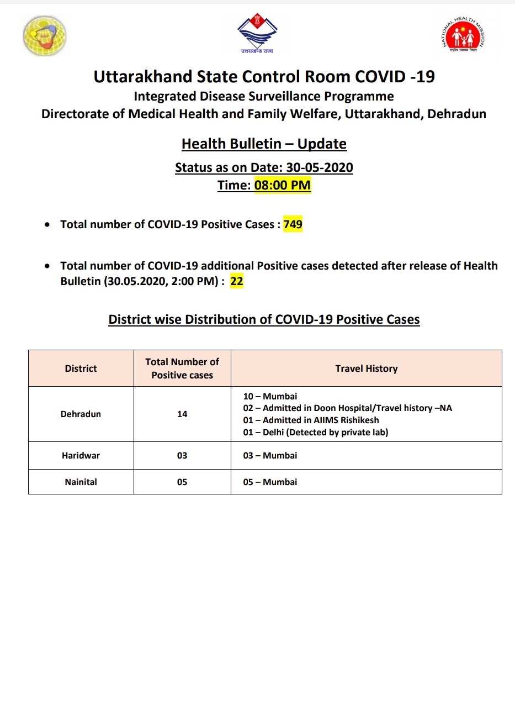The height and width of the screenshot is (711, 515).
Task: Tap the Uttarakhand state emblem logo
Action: (x=257, y=33)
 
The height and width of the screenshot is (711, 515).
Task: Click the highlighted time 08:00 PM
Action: (x=283, y=185)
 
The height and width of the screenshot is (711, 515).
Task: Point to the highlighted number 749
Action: (x=293, y=224)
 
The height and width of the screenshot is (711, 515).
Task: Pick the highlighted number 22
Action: (x=237, y=281)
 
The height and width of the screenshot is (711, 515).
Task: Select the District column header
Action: (x=81, y=368)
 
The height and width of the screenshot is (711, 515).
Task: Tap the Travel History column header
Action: (x=367, y=368)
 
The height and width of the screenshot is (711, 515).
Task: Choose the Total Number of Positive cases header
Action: (x=182, y=368)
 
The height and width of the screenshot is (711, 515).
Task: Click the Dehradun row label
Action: (x=81, y=414)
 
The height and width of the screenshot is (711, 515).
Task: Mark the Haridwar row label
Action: (x=81, y=455)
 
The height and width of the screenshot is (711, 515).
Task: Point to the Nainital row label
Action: (x=81, y=482)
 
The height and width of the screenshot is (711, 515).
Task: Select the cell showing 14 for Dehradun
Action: (x=182, y=414)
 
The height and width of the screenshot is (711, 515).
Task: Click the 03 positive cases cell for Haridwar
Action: (x=182, y=455)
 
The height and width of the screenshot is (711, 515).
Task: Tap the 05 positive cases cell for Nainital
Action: (x=182, y=482)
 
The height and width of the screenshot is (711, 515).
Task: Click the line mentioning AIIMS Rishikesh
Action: (x=311, y=420)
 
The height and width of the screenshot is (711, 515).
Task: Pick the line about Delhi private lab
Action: (x=316, y=432)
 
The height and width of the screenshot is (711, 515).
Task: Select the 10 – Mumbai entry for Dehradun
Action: (x=270, y=396)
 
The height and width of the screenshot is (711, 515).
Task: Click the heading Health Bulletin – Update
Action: (x=264, y=144)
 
